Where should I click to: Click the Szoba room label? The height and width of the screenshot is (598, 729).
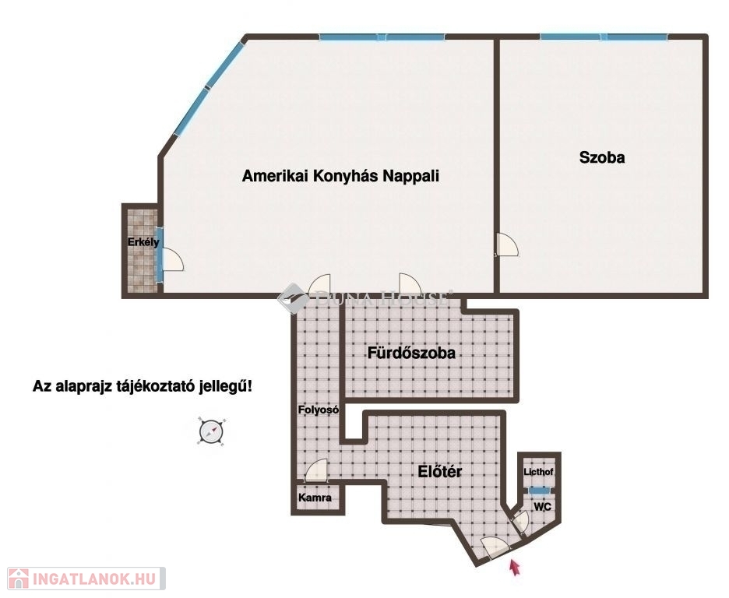click(x=601, y=157)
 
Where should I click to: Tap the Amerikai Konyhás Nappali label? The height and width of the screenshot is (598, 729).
click(x=340, y=176)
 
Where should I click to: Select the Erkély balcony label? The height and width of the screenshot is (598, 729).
click(x=143, y=242)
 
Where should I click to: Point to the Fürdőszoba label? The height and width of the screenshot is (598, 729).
click(x=411, y=354)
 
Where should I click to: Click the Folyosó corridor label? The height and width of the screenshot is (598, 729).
click(x=318, y=410)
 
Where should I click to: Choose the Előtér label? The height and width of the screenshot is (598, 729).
click(x=440, y=472)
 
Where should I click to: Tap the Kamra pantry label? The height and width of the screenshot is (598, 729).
click(x=315, y=498)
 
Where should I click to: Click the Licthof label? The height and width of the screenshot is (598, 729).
click(x=538, y=472)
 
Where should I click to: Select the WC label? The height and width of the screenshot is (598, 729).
click(x=542, y=506)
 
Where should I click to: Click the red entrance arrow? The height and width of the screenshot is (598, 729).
click(x=514, y=568)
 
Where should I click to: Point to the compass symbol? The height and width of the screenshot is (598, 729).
click(x=211, y=431)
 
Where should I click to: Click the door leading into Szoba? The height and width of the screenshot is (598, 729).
click(x=507, y=244)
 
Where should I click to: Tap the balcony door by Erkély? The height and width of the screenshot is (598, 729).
click(x=172, y=259)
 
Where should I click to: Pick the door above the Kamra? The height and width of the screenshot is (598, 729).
click(x=316, y=470)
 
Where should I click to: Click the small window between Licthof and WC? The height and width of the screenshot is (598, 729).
click(x=539, y=491)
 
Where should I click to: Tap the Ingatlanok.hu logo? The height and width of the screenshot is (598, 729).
click(x=87, y=579)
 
